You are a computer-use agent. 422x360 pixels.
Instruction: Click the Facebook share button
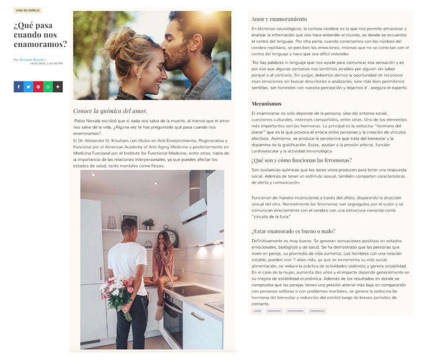pyautogui.click(x=19, y=87)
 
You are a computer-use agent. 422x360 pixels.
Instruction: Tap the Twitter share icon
pyautogui.click(x=28, y=87)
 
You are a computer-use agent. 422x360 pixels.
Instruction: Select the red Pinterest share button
pyautogui.click(x=38, y=87)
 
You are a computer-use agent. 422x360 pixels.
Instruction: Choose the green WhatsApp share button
pyautogui.click(x=48, y=87)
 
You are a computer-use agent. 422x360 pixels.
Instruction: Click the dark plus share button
pyautogui.click(x=58, y=87)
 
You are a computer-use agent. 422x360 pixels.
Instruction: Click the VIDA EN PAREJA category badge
pyautogui.click(x=28, y=11)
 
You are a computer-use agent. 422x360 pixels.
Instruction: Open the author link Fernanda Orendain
pyautogui.click(x=33, y=60)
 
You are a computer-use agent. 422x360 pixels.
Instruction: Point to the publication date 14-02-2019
pyautogui.click(x=39, y=63)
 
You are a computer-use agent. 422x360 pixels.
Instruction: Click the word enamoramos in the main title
pyautogui.click(x=40, y=44)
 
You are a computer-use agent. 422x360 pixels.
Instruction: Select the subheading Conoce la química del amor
pyautogui.click(x=110, y=111)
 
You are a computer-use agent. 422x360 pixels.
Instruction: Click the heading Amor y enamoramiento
pyautogui.click(x=279, y=19)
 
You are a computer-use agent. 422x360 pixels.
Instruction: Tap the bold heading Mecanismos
pyautogui.click(x=267, y=104)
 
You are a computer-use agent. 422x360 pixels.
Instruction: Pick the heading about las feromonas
pyautogui.click(x=301, y=160)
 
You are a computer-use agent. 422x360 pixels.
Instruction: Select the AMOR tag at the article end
pyautogui.click(x=257, y=311)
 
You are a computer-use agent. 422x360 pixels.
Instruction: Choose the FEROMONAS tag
pyautogui.click(x=317, y=311)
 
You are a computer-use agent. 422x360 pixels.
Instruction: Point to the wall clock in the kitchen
pyautogui.click(x=172, y=237)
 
